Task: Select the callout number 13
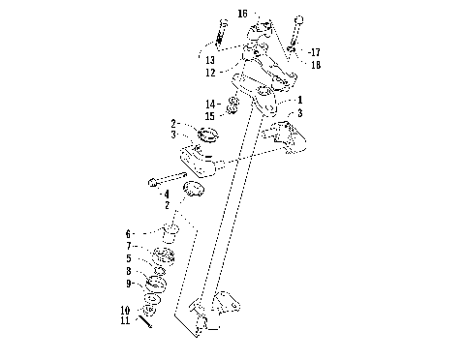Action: [210, 60]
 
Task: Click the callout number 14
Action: [210, 103]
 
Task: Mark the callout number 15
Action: [210, 114]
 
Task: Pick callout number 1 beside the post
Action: [300, 101]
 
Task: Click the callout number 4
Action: [166, 195]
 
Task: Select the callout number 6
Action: [127, 233]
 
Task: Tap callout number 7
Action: [127, 247]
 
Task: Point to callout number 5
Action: [127, 259]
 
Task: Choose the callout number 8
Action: [127, 272]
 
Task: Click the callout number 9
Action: [127, 285]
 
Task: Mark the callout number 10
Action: [125, 309]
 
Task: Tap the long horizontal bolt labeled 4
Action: [174, 179]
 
